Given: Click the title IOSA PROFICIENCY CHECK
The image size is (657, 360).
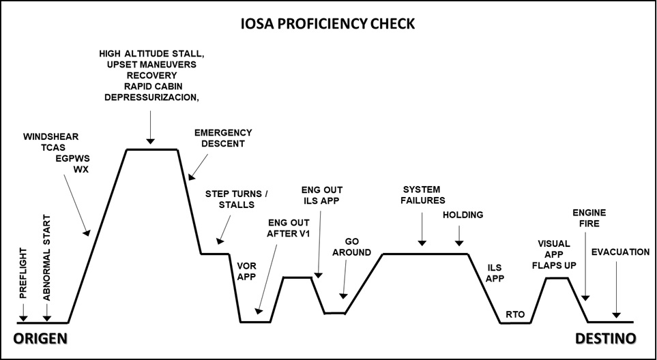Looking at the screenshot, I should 327,25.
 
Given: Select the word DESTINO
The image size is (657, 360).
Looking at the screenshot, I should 606,338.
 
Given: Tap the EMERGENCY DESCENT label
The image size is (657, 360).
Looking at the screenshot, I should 223,138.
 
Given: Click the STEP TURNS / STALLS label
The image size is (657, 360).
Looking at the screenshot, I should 237,198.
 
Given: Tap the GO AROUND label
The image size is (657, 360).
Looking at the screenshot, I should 352,247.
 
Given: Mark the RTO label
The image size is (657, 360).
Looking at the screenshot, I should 516,314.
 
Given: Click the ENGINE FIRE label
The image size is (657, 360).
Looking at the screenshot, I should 589,219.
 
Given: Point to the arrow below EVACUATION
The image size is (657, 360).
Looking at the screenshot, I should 617,290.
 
